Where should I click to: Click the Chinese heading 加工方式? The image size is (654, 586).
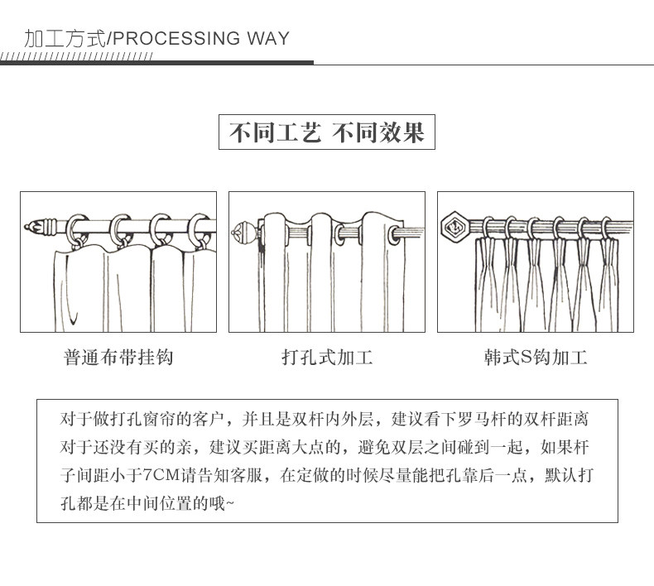click(66, 39)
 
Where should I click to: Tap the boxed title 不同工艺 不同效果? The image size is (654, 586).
click(326, 132)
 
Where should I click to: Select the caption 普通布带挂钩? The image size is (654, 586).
click(118, 358)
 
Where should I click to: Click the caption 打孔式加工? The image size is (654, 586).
click(327, 358)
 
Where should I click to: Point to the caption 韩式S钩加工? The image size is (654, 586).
click(536, 358)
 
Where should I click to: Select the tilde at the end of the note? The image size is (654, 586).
click(229, 504)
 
